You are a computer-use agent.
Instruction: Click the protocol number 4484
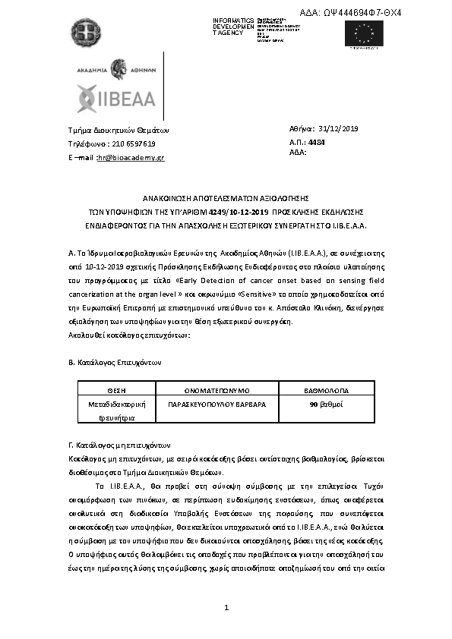click(x=317, y=142)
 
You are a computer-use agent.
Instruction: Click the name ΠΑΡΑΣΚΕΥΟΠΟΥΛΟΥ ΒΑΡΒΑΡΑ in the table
click(x=217, y=404)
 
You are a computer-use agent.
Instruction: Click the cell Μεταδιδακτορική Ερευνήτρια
click(x=116, y=411)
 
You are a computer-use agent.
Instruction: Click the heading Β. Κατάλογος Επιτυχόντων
click(x=115, y=363)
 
